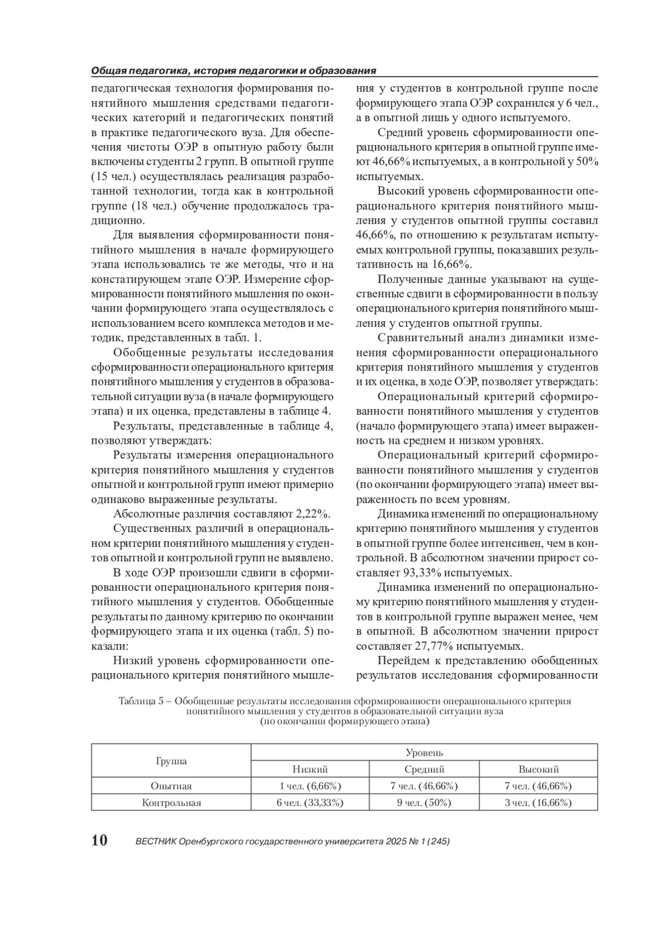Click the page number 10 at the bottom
point(99,841)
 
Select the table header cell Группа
point(171,761)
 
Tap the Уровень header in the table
point(424,752)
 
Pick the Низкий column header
point(310,770)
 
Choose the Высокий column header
point(538,770)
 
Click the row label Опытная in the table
point(171,786)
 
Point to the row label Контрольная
point(171,803)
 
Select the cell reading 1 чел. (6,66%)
point(310,786)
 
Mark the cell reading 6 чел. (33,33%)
point(310,803)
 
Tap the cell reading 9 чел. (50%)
point(424,803)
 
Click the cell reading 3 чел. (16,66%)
point(538,803)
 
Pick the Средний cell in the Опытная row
point(424,786)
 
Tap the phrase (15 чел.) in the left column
point(111,177)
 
